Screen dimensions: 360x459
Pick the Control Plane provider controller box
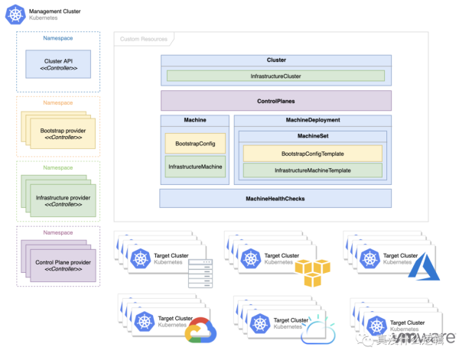[63, 267]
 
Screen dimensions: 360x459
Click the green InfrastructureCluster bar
[276, 76]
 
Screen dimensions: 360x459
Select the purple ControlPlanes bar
[276, 101]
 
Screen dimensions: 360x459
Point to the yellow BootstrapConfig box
[195, 143]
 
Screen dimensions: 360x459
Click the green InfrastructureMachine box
[195, 167]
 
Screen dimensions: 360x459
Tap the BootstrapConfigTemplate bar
[312, 154]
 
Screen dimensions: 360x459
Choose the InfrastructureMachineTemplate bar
[312, 170]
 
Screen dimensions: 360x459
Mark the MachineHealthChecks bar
[276, 199]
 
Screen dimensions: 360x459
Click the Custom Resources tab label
[144, 38]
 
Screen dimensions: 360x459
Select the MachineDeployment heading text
[312, 120]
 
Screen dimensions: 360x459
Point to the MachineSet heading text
[312, 136]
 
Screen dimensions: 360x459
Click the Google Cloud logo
[200, 330]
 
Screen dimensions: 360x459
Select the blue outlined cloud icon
[314, 332]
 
